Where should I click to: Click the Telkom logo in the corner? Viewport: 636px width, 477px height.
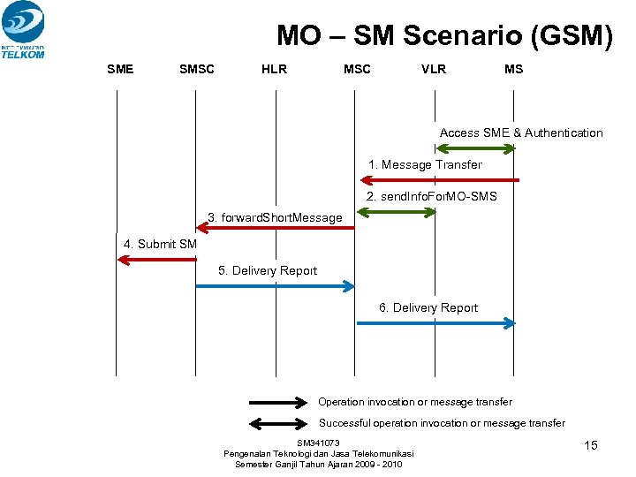tap(23, 29)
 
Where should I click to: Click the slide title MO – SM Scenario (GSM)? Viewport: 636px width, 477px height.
tap(444, 35)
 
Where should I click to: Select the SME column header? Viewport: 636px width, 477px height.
tap(120, 69)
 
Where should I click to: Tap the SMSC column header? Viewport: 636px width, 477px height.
tap(197, 69)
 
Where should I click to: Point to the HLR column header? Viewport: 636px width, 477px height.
tap(275, 69)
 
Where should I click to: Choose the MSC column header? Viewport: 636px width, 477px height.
tap(357, 69)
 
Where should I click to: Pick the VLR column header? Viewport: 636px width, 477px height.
tap(434, 69)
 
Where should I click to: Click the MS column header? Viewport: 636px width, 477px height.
tap(513, 69)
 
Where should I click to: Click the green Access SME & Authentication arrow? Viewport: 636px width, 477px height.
tap(475, 148)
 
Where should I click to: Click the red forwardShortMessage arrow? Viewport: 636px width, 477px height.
tap(276, 228)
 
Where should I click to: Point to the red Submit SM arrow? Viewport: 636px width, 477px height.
tap(157, 259)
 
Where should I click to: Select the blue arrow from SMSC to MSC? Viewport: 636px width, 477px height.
tap(275, 286)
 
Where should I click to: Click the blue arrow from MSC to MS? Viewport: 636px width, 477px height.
tap(435, 323)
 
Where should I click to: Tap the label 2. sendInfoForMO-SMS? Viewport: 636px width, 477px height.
tap(432, 196)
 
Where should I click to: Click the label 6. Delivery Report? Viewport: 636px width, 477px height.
tap(428, 307)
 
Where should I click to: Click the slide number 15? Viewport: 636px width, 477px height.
tap(591, 445)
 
